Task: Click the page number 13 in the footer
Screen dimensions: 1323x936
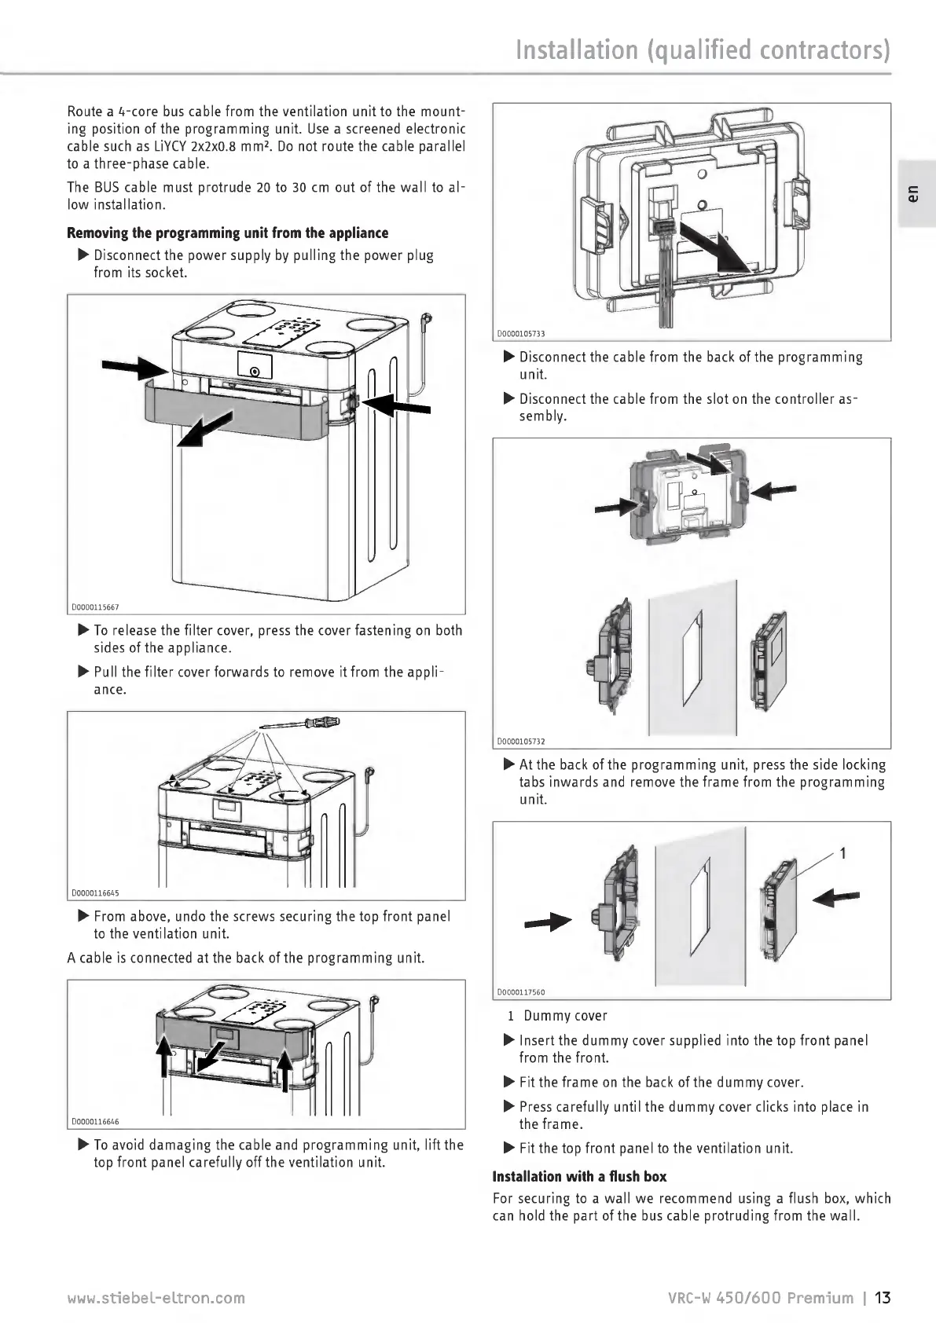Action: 883,1297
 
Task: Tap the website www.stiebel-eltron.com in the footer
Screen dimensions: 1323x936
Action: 156,1298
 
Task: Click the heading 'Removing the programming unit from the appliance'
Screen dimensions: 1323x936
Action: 228,233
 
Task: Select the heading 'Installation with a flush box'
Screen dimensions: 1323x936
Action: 579,1176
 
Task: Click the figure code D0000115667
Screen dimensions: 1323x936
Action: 95,607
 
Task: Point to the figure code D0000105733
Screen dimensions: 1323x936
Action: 521,334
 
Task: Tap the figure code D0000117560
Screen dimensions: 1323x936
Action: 521,992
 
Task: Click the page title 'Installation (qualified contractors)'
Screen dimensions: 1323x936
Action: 703,50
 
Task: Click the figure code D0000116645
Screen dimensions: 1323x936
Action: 95,892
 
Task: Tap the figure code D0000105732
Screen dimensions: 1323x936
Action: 521,741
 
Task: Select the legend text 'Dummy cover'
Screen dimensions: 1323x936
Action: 565,1016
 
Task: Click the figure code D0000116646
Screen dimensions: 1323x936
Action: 95,1121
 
